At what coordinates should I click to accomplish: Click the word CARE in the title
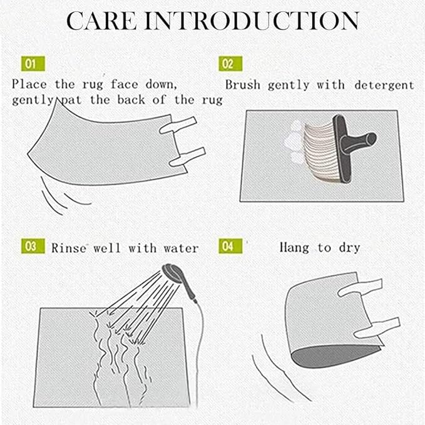point(101,21)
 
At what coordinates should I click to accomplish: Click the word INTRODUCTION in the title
point(252,21)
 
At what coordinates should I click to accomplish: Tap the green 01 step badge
point(33,64)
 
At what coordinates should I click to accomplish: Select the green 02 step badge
point(230,64)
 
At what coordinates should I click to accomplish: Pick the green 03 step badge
point(33,246)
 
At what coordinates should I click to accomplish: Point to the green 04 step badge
point(230,246)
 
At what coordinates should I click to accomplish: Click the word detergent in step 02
point(384,86)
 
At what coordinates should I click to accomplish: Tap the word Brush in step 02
point(243,85)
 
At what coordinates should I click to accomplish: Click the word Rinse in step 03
point(69,248)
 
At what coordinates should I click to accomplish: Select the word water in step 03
point(181,248)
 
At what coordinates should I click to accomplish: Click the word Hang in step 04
point(294,248)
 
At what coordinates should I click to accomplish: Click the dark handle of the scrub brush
point(352,146)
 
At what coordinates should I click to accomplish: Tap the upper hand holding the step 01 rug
point(178,125)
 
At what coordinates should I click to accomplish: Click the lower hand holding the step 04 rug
point(377,328)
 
